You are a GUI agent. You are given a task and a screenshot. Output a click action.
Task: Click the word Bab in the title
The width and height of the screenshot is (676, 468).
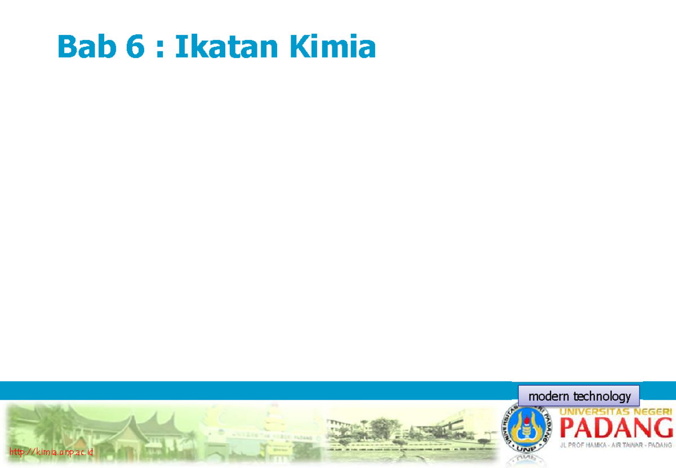click(x=84, y=47)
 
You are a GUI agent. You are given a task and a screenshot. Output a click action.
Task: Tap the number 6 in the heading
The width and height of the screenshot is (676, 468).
click(x=135, y=47)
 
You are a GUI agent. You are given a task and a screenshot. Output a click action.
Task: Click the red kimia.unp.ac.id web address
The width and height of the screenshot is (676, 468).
click(x=51, y=452)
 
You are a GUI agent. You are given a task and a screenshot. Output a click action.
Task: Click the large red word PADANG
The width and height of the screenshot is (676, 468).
click(x=616, y=431)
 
